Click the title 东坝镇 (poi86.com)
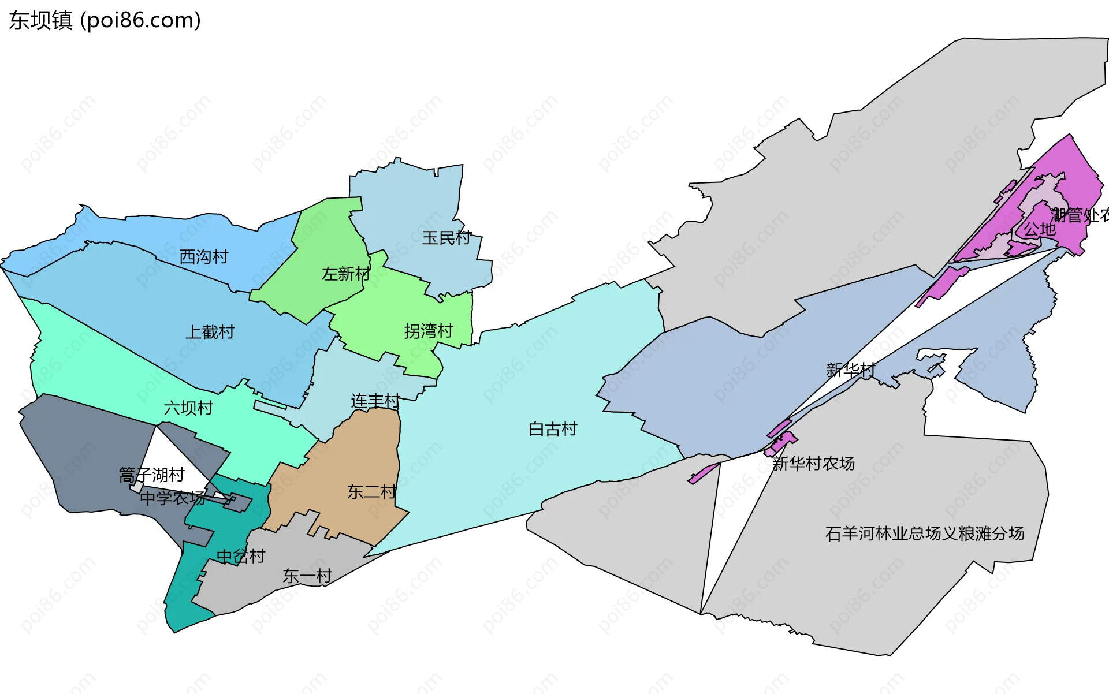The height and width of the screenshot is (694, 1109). [105, 20]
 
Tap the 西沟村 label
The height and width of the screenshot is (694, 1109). [203, 256]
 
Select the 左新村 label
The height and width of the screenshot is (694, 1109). [345, 274]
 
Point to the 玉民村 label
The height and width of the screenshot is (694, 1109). [446, 237]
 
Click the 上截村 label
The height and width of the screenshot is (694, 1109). [210, 332]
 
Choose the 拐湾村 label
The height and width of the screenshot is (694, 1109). [428, 331]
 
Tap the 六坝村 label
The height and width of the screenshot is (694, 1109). [188, 408]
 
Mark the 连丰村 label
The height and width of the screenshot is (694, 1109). [375, 401]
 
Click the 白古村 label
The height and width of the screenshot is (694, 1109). [553, 429]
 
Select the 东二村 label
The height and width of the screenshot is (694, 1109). [371, 492]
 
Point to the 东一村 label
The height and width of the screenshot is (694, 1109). [307, 576]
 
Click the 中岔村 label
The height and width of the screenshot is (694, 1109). [240, 556]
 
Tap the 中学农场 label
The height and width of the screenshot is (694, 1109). [172, 498]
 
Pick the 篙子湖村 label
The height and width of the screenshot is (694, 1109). [151, 475]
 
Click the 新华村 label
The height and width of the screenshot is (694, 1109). [850, 370]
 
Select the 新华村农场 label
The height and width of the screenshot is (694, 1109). [813, 463]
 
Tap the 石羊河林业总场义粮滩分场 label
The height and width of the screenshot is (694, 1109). [924, 533]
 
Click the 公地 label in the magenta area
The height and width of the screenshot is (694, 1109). [1039, 229]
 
